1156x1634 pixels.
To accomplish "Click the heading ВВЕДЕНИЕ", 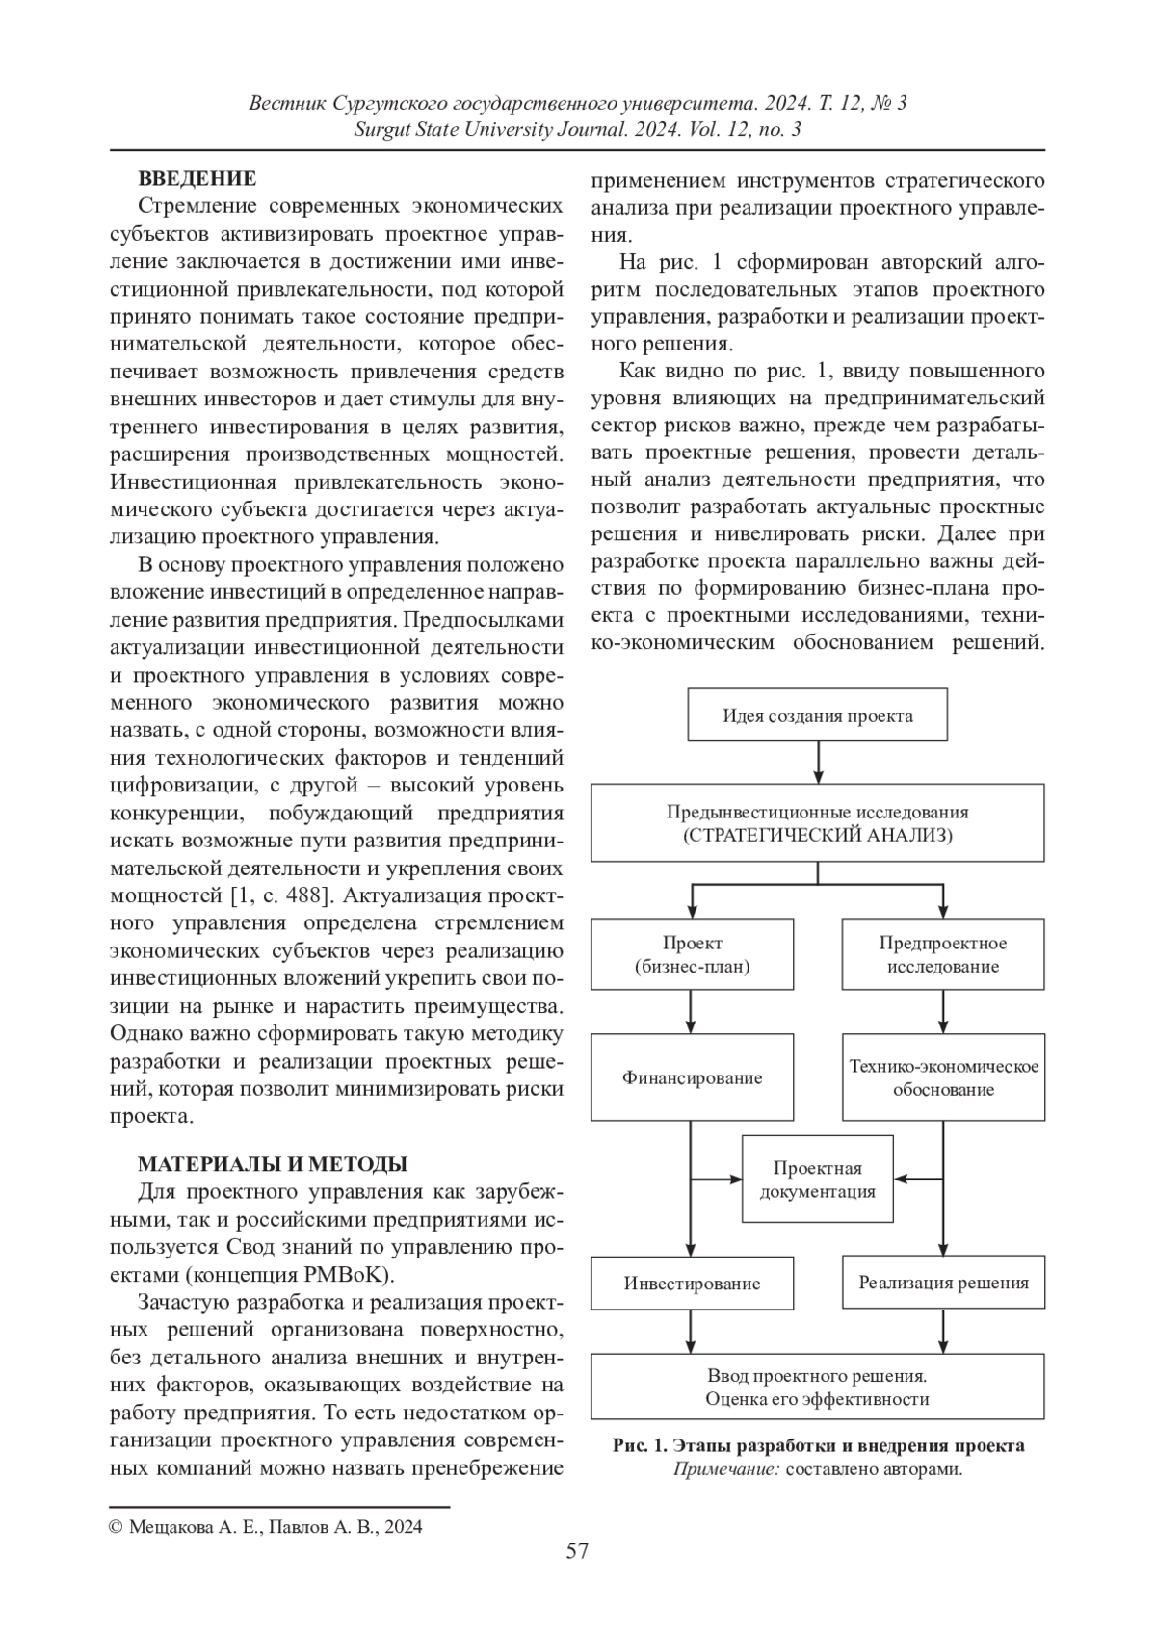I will pyautogui.click(x=197, y=178).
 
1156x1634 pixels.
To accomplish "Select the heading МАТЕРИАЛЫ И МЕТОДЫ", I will pyautogui.click(x=273, y=1164).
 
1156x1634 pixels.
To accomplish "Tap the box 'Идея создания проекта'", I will pyautogui.click(x=817, y=715).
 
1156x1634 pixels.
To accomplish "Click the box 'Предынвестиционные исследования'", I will pyautogui.click(x=817, y=823).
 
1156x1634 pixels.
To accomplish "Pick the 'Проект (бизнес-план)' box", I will pyautogui.click(x=692, y=954).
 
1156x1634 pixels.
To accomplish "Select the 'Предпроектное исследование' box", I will pyautogui.click(x=943, y=954).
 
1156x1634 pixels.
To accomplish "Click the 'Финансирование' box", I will pyautogui.click(x=692, y=1077).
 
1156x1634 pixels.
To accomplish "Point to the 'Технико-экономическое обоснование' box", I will pyautogui.click(x=943, y=1077).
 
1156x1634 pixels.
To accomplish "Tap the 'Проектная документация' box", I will pyautogui.click(x=817, y=1180).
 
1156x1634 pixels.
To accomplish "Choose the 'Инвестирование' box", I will pyautogui.click(x=692, y=1283).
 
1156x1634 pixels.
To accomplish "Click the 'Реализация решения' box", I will pyautogui.click(x=943, y=1283).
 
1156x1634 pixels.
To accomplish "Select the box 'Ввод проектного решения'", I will pyautogui.click(x=817, y=1387).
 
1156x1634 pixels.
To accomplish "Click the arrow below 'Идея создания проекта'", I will pyautogui.click(x=817, y=762).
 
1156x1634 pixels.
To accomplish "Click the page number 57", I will pyautogui.click(x=577, y=1550).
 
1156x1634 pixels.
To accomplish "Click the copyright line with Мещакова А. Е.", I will pyautogui.click(x=266, y=1526).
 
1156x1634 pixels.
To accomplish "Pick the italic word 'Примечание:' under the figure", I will pyautogui.click(x=726, y=1469).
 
